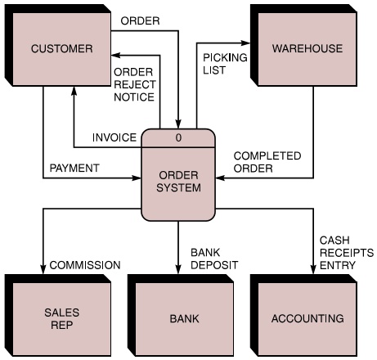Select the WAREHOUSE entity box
point(307,48)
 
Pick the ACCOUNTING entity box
point(307,318)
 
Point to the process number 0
point(179,137)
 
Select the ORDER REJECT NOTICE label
point(133,85)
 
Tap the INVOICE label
point(114,137)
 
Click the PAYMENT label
point(74,168)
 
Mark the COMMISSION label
point(85,264)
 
